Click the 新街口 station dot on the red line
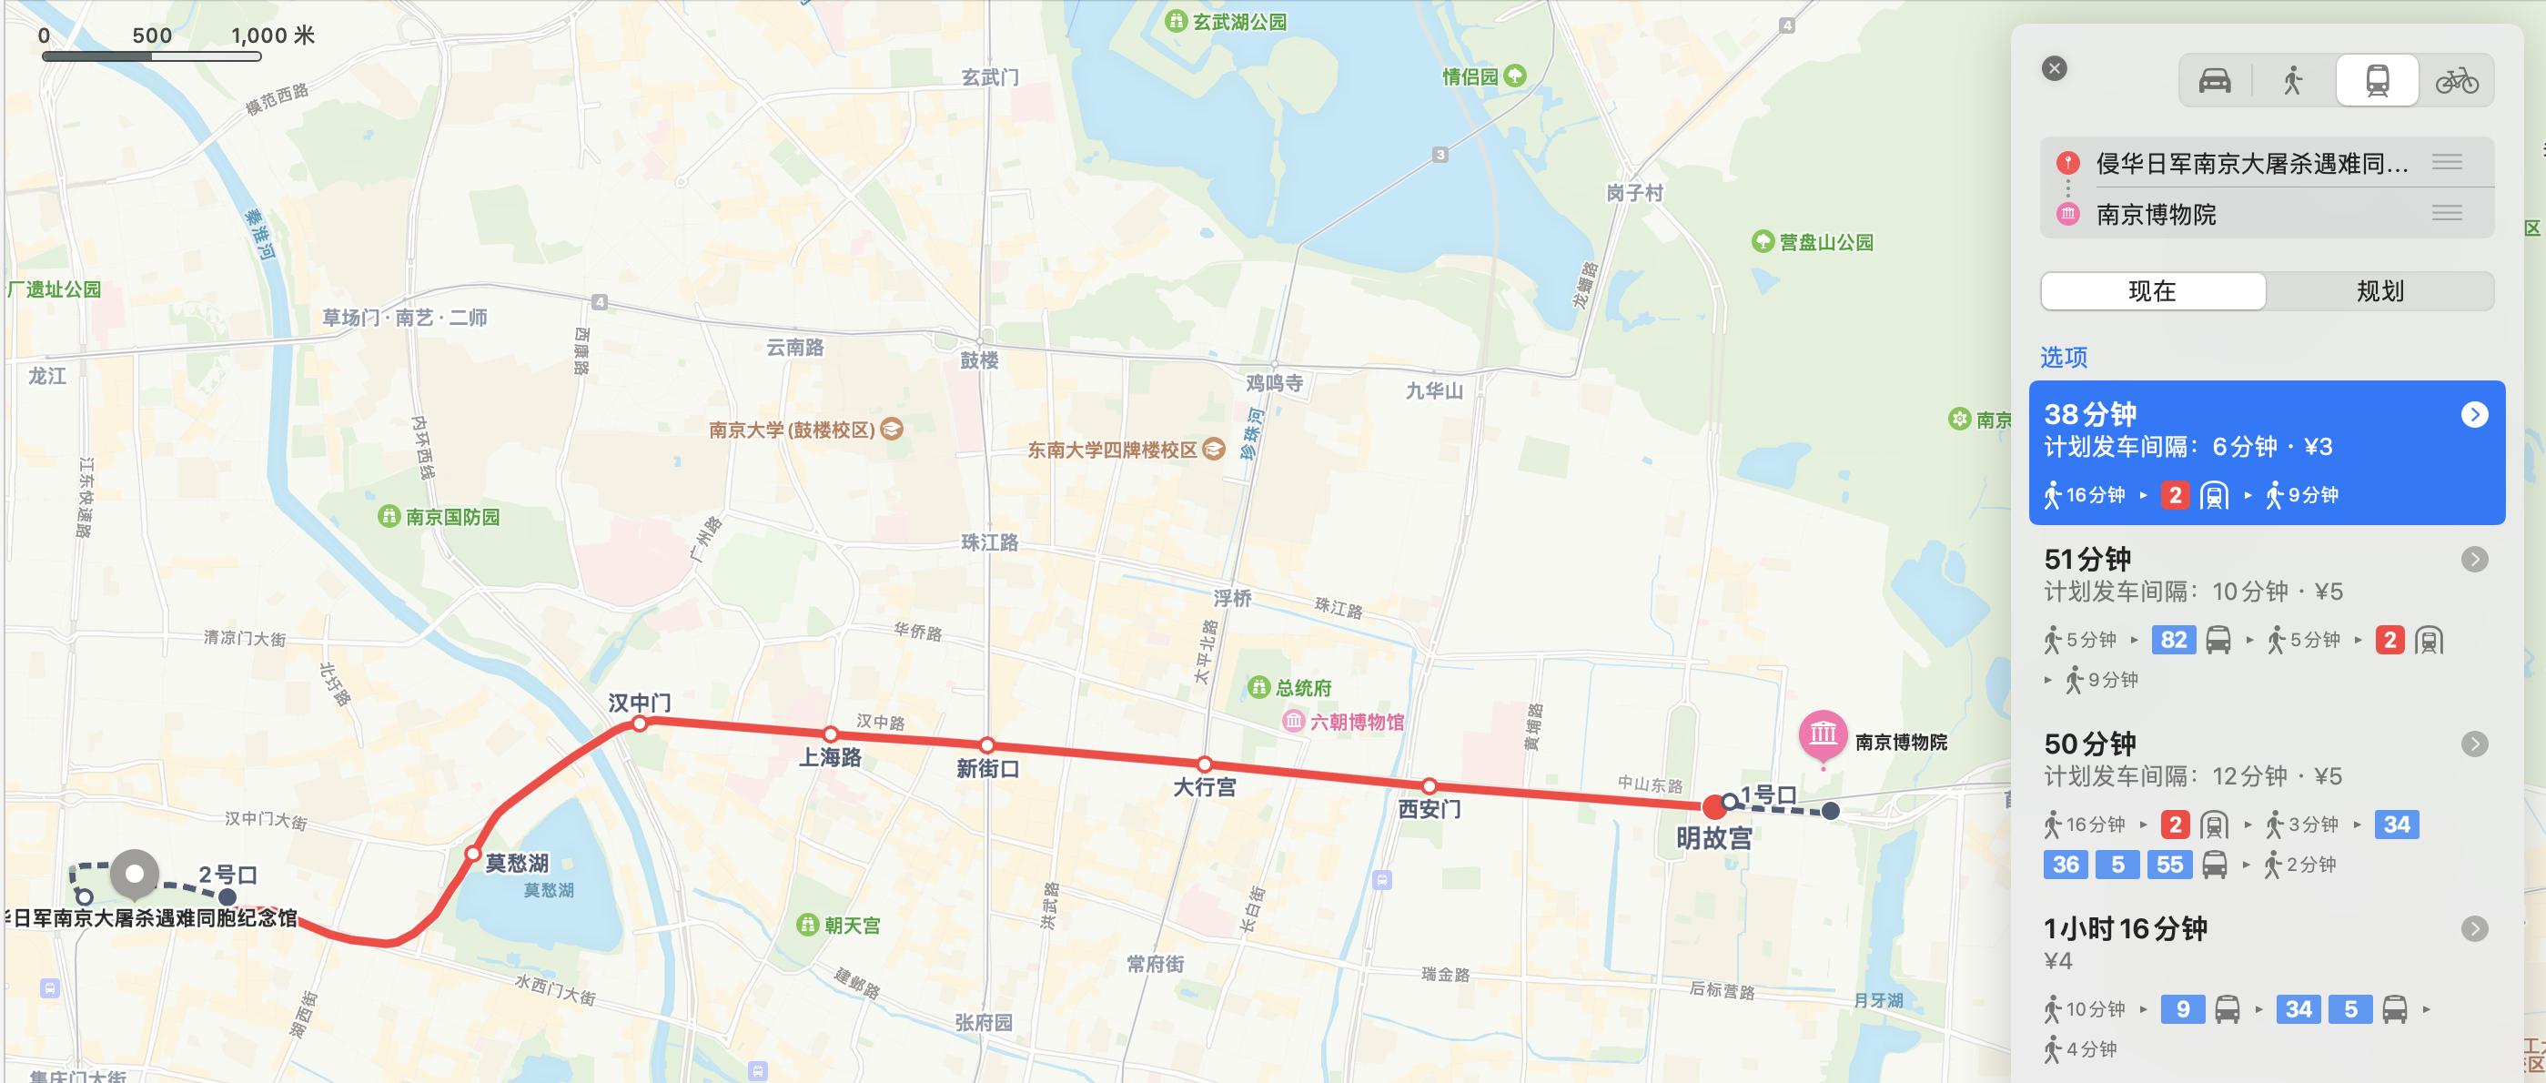coord(987,745)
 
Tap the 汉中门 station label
coord(640,703)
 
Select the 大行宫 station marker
coord(1204,764)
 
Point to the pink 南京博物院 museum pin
coord(1824,735)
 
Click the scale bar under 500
coord(151,56)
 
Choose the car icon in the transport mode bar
coord(2215,80)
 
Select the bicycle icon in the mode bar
coord(2456,80)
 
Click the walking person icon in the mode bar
coord(2293,80)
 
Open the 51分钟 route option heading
coord(2087,560)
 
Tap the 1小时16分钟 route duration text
coord(2125,928)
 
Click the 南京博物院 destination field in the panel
coord(2156,215)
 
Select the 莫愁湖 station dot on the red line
coord(472,853)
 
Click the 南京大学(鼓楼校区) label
coord(792,430)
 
